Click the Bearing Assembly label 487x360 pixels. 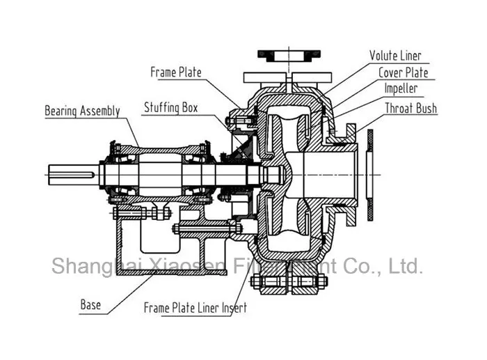pos(82,111)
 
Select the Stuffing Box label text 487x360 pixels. pos(170,108)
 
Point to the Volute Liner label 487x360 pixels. pos(394,56)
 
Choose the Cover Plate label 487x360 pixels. pos(403,72)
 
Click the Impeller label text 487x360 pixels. pos(401,89)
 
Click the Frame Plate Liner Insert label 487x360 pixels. pos(195,307)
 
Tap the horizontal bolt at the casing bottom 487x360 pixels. pos(290,281)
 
